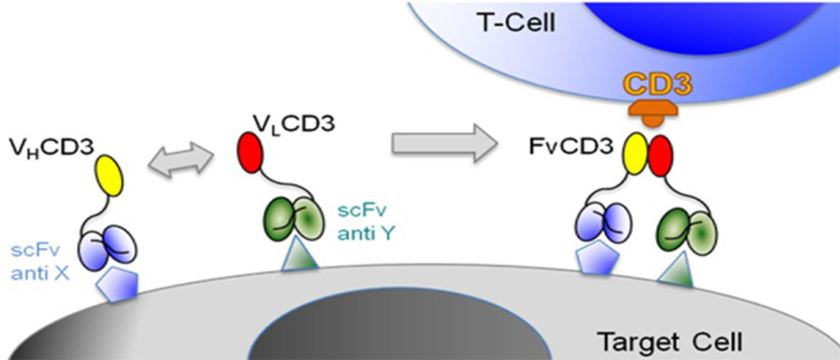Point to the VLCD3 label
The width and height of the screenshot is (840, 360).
(294, 124)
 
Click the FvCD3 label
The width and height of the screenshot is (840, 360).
(571, 147)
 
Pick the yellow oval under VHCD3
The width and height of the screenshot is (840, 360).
(109, 176)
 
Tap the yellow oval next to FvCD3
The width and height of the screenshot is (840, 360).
(635, 154)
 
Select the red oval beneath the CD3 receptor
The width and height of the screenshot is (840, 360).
(660, 156)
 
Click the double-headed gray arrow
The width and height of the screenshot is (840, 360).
(181, 159)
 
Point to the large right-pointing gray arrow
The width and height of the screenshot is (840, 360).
(444, 143)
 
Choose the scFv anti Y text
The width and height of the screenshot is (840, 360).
(365, 222)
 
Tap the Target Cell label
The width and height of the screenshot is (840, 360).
(670, 342)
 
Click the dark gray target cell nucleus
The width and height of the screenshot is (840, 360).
(400, 328)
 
